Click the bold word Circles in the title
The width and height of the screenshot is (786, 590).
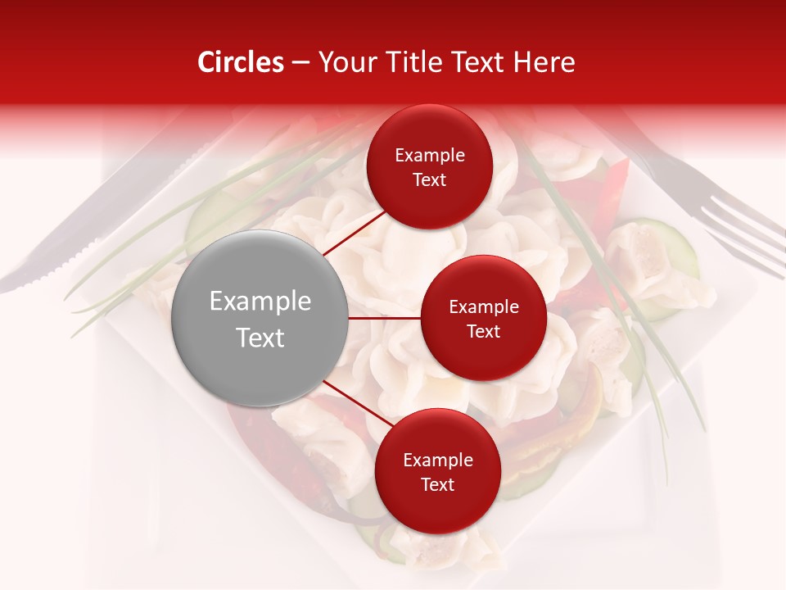click(240, 62)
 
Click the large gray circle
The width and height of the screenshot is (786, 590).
click(260, 319)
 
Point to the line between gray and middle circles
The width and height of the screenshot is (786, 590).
click(385, 318)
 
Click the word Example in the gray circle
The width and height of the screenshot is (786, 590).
click(260, 302)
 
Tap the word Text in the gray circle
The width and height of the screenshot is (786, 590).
click(260, 338)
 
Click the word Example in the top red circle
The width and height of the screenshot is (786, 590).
click(429, 155)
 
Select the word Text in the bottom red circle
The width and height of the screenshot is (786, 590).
click(437, 484)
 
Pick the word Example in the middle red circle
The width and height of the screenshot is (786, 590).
click(483, 307)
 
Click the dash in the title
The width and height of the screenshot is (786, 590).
click(300, 62)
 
